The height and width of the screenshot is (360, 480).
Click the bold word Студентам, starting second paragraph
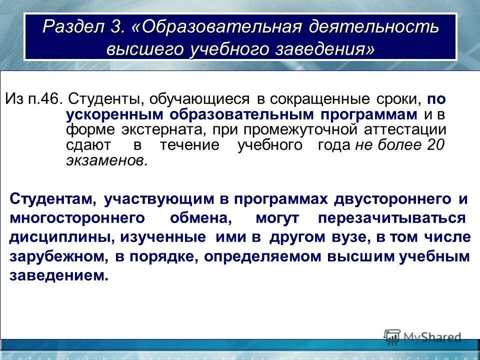(x=52, y=199)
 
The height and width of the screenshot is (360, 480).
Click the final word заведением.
(x=58, y=275)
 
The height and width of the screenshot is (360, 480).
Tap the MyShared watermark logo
(x=423, y=337)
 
